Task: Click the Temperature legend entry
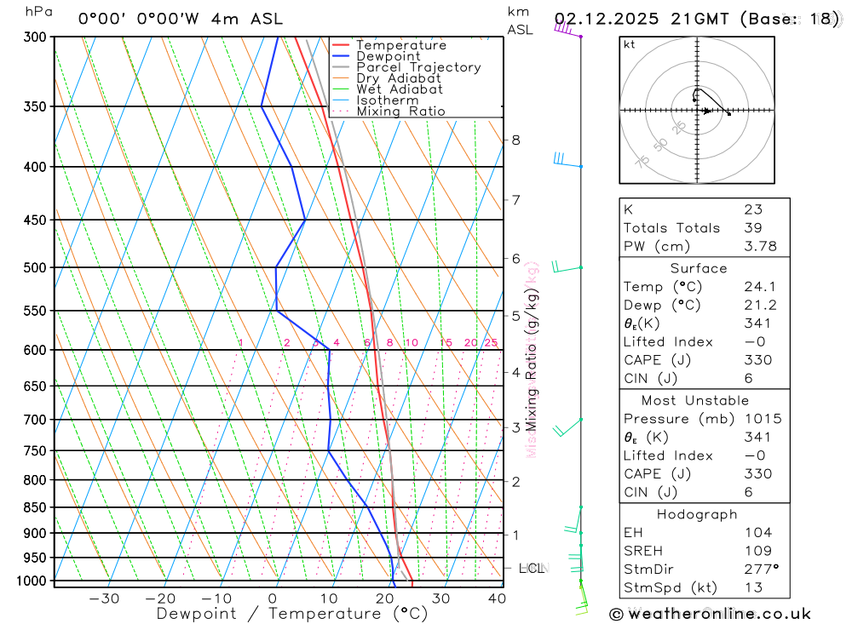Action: click(x=400, y=45)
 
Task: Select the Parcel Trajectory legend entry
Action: click(x=417, y=67)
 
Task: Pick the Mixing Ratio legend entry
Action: click(x=400, y=112)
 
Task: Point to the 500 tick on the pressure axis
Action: click(x=35, y=267)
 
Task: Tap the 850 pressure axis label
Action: click(x=35, y=507)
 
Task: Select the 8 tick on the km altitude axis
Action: click(x=516, y=140)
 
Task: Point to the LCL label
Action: click(x=532, y=568)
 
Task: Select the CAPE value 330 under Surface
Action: click(x=757, y=360)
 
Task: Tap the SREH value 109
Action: click(x=757, y=551)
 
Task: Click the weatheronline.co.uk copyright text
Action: click(x=710, y=613)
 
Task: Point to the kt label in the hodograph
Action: click(x=630, y=44)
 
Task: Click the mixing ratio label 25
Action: click(x=491, y=342)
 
